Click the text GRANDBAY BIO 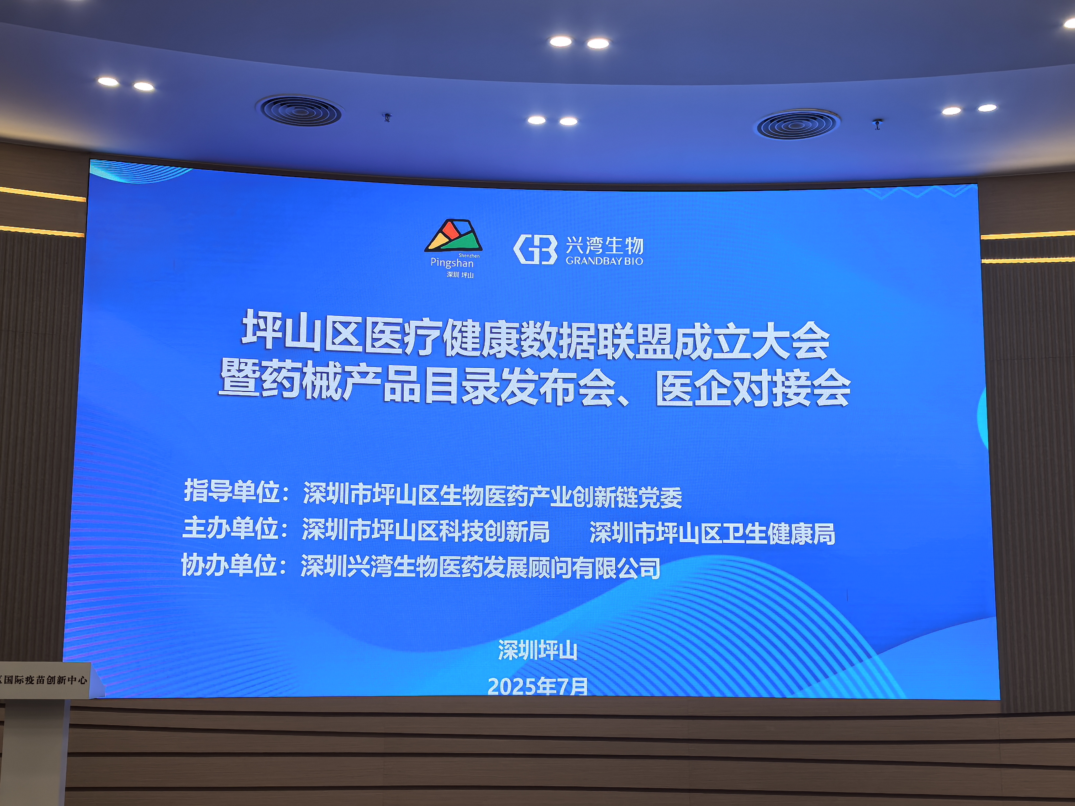(604, 261)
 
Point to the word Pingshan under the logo (452, 263)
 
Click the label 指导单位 (231, 491)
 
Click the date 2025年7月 (537, 686)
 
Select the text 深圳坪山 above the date (537, 650)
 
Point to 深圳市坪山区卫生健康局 (713, 533)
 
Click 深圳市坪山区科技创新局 (426, 530)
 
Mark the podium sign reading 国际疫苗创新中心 (45, 679)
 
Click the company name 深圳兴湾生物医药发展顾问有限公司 (480, 567)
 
